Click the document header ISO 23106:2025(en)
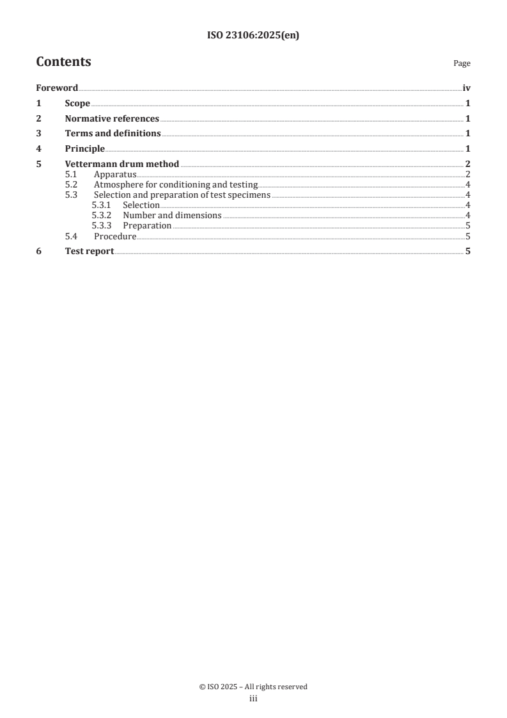click(253, 36)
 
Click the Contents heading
click(63, 62)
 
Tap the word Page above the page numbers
click(462, 64)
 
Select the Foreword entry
click(57, 88)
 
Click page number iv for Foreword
click(467, 88)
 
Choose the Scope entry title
click(77, 104)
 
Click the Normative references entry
click(112, 118)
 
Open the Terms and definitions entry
click(113, 134)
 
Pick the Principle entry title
click(84, 149)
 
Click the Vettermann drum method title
click(122, 164)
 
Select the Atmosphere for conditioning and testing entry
click(175, 185)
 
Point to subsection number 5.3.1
click(102, 205)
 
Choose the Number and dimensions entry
click(172, 216)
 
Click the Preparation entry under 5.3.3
click(147, 226)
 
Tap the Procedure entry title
click(115, 236)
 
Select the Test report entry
click(90, 251)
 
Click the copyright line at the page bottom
click(253, 687)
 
